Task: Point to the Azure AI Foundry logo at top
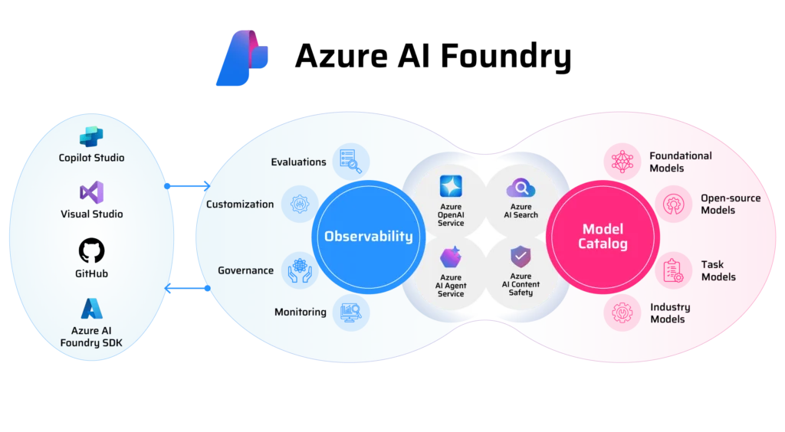click(241, 58)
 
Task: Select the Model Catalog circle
click(603, 236)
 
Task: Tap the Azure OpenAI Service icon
click(451, 186)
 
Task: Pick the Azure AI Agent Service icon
click(451, 257)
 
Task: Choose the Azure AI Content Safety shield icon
click(521, 256)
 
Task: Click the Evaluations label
click(298, 162)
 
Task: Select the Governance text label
click(245, 270)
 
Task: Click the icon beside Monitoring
click(351, 312)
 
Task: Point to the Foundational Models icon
click(622, 161)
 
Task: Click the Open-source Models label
click(730, 204)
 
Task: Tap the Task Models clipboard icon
click(672, 270)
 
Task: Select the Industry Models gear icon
click(622, 313)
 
